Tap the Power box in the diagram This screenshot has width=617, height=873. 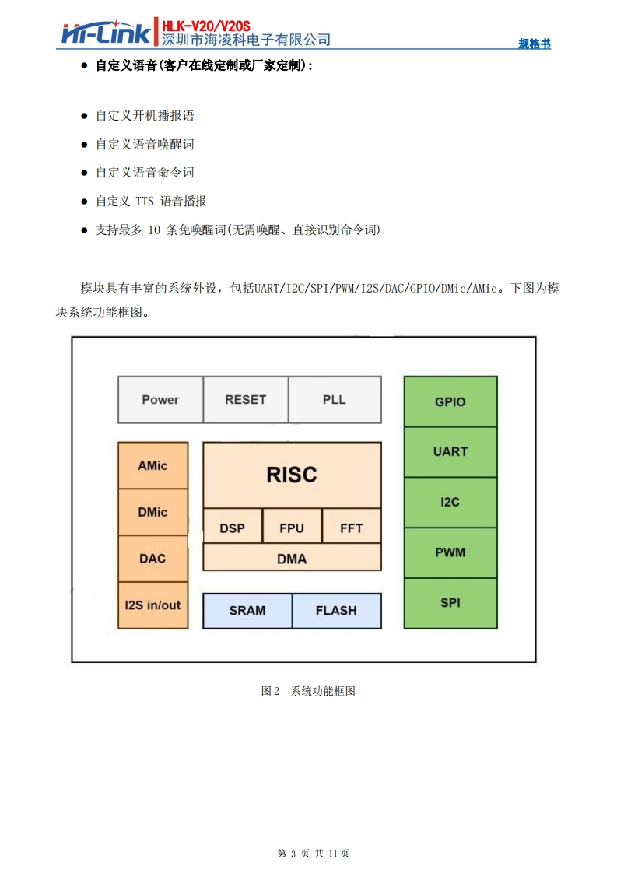(x=160, y=400)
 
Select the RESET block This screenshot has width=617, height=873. (x=245, y=400)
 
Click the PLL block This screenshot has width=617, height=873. (x=335, y=400)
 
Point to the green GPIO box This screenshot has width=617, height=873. (x=450, y=401)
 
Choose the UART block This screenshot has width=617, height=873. (x=450, y=451)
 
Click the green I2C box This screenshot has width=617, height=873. (x=450, y=502)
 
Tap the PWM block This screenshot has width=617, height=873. (x=450, y=552)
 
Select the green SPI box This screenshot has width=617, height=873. (x=450, y=603)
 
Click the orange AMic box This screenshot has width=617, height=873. (x=152, y=466)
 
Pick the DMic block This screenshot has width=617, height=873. (x=152, y=512)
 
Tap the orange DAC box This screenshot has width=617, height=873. (x=152, y=559)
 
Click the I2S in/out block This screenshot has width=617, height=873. (x=152, y=605)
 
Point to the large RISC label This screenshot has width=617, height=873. (x=292, y=475)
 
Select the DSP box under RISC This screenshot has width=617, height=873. (x=232, y=528)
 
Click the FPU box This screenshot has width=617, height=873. (x=292, y=528)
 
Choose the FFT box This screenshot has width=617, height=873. (x=352, y=528)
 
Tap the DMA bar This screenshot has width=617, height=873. (x=292, y=559)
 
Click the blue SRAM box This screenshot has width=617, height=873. (x=247, y=611)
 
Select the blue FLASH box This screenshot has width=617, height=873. (x=336, y=611)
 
